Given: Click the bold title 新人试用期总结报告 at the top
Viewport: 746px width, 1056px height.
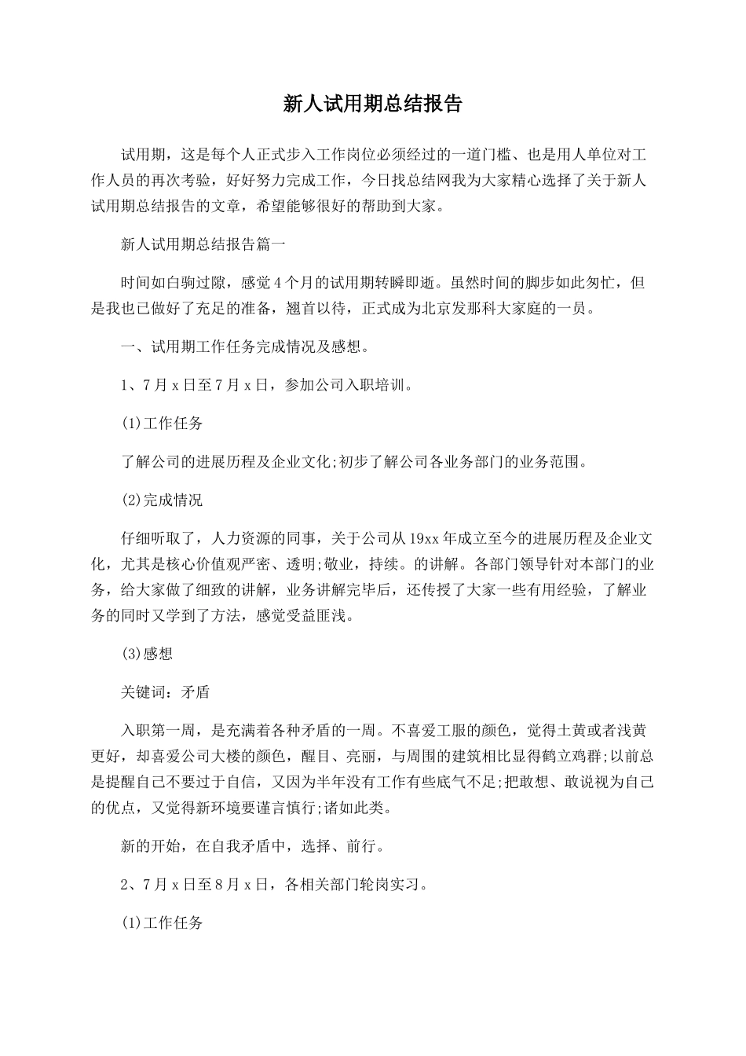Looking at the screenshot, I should tap(372, 104).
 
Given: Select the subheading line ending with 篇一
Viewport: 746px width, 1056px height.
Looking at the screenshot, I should tap(203, 244).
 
